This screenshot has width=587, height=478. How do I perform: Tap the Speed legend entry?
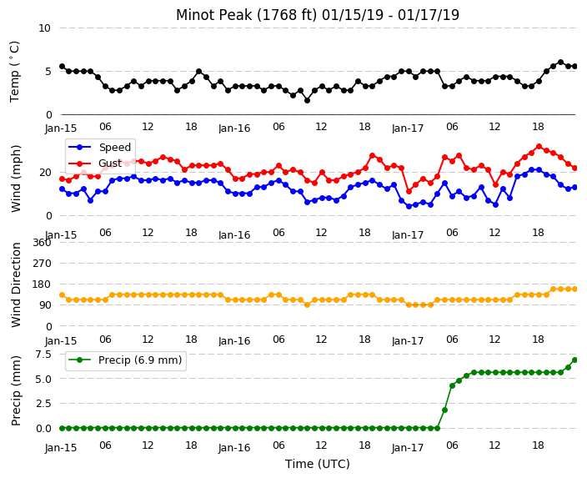point(99,147)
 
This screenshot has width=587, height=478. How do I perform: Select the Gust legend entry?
point(95,164)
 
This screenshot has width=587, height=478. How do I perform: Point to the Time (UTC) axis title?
point(318,464)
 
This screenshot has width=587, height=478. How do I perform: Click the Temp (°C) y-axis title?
point(14,72)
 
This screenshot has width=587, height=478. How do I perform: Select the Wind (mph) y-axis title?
point(16,179)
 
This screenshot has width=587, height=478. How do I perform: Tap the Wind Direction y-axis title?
point(16,284)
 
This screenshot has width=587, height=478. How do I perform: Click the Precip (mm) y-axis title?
point(16,390)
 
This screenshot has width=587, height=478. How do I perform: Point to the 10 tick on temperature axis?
point(44,28)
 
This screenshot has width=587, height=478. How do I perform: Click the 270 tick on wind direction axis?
point(42,264)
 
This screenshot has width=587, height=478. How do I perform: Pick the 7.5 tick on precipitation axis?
point(43,354)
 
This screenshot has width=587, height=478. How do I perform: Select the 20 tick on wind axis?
point(45,173)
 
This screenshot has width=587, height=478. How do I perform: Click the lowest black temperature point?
point(308,100)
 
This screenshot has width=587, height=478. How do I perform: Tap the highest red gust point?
point(539,147)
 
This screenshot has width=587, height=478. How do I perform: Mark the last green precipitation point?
point(575,360)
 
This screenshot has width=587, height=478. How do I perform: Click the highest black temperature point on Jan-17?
point(560,63)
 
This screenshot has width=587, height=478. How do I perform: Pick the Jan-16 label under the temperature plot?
point(234,128)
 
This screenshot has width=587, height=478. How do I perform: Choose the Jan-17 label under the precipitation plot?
point(408,448)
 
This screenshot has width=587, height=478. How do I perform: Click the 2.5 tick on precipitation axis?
point(43,404)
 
